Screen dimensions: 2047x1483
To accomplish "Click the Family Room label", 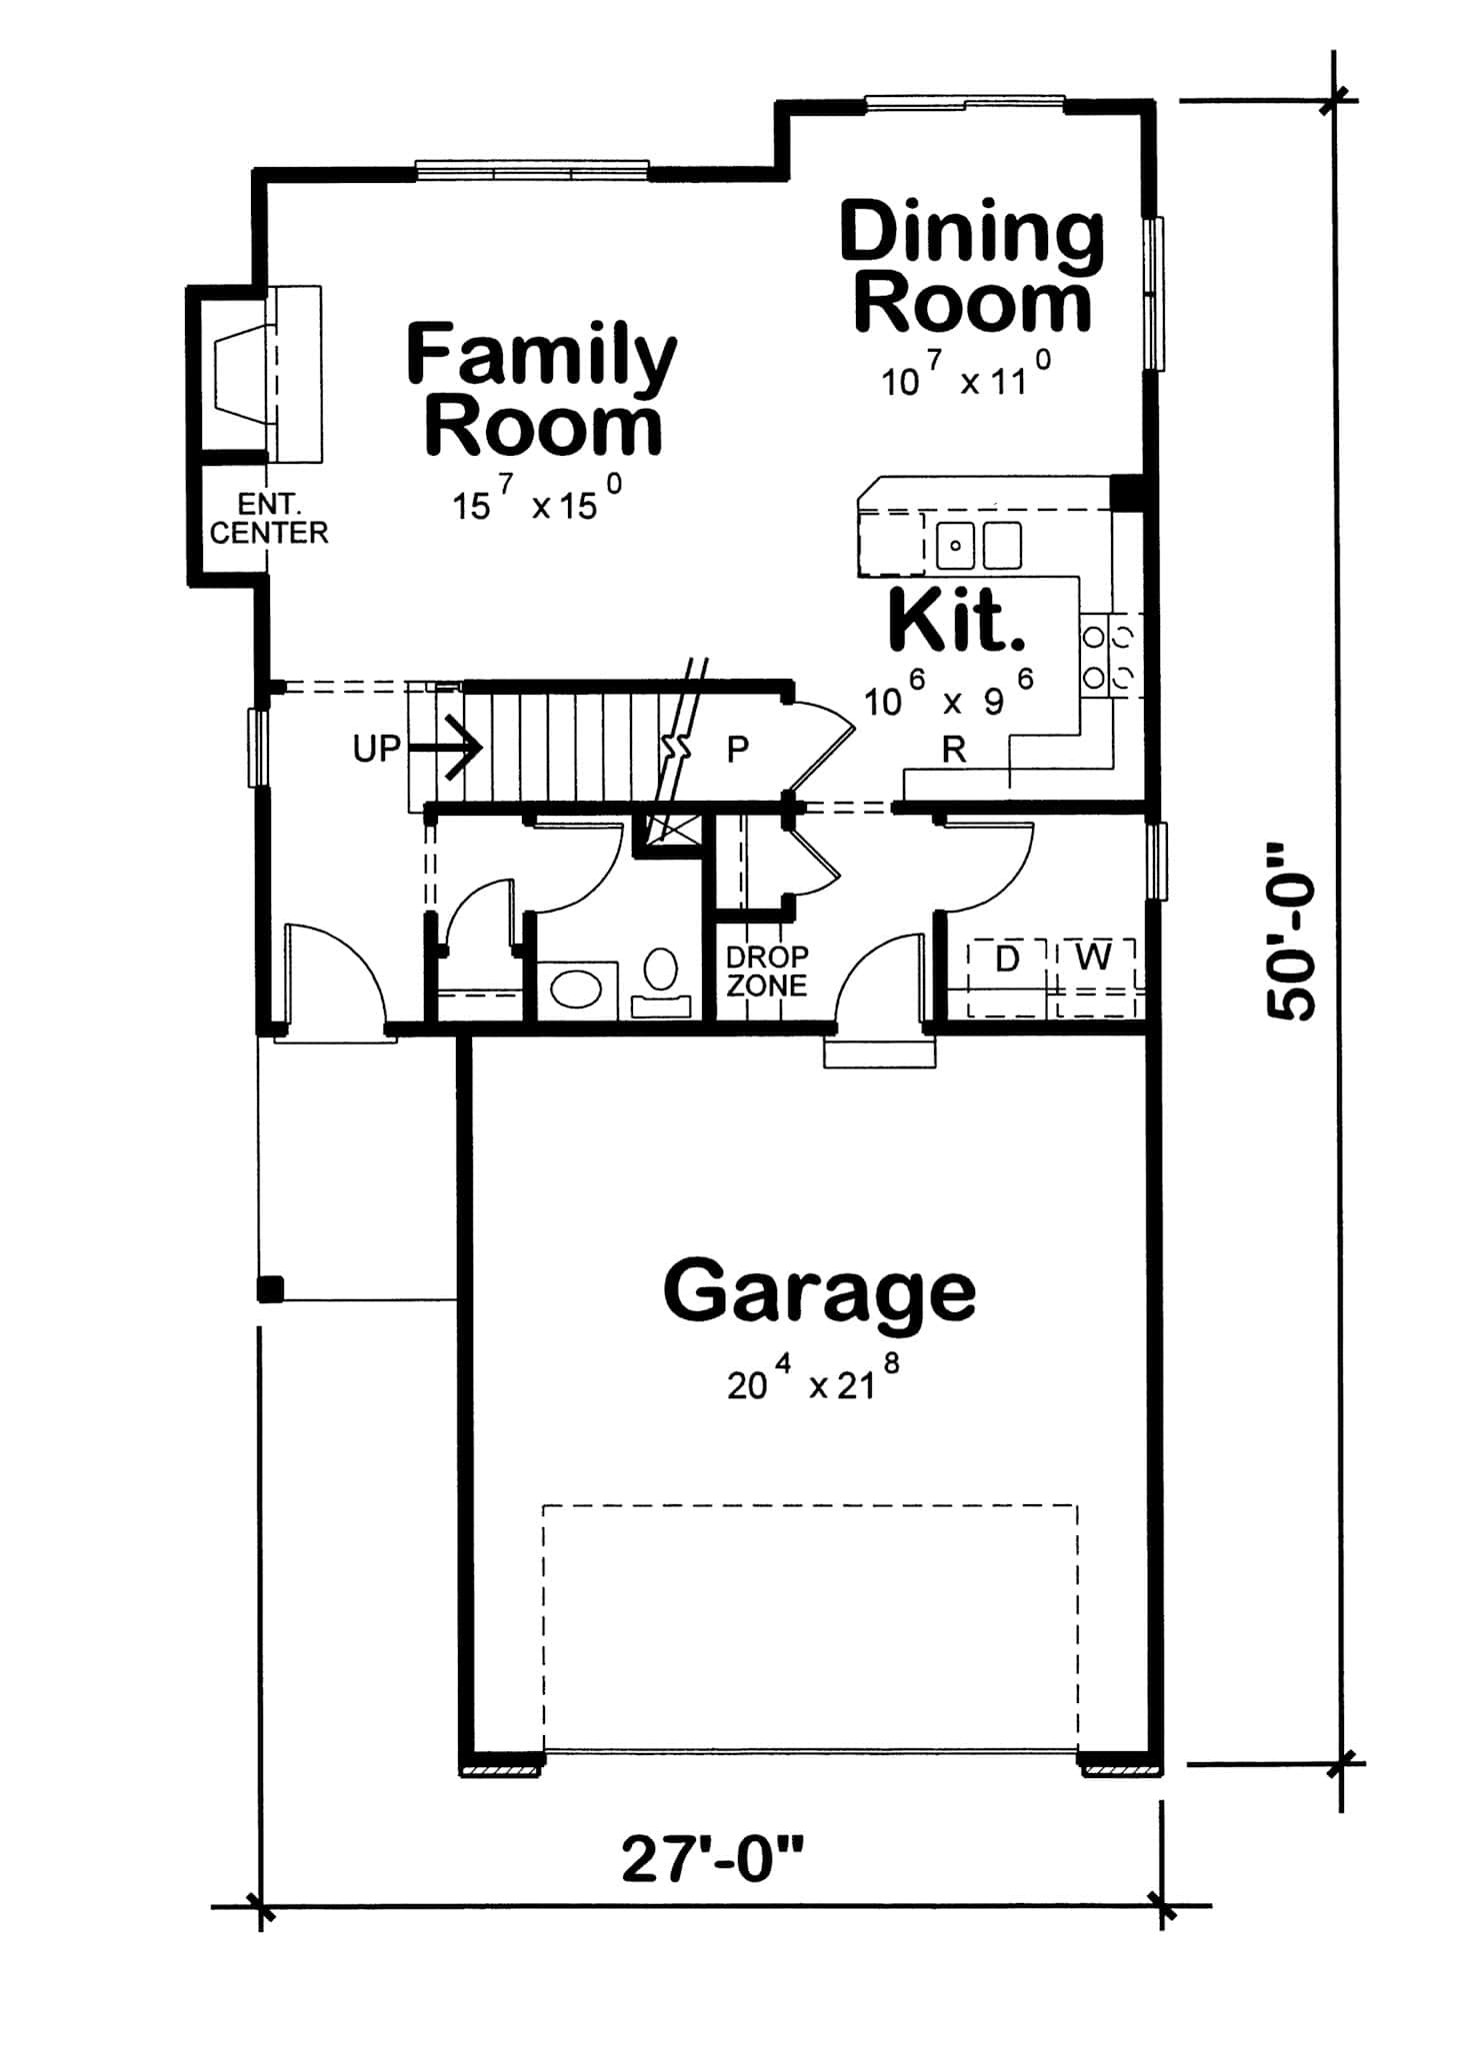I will pyautogui.click(x=541, y=390).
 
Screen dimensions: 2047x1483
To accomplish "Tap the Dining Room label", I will pyautogui.click(x=972, y=267).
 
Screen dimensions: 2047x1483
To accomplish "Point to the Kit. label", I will pyautogui.click(x=956, y=622).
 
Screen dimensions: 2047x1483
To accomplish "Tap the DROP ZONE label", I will pyautogui.click(x=766, y=972).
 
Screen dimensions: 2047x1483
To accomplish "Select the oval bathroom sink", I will pyautogui.click(x=577, y=991).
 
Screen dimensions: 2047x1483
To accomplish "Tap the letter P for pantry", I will pyautogui.click(x=737, y=749).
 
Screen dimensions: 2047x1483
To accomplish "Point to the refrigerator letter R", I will pyautogui.click(x=954, y=751).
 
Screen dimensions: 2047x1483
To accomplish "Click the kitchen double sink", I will pyautogui.click(x=979, y=545).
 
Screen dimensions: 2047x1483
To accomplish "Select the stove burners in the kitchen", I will pyautogui.click(x=1111, y=656).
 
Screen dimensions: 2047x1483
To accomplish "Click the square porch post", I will pyautogui.click(x=270, y=1289).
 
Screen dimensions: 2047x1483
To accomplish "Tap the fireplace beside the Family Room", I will pyautogui.click(x=240, y=375).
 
